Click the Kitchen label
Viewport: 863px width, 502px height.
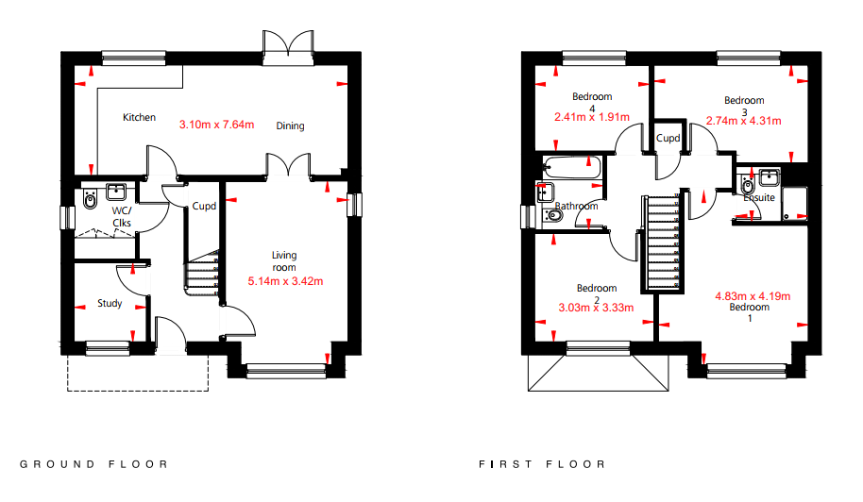point(139,117)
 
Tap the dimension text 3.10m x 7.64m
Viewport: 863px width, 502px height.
point(217,125)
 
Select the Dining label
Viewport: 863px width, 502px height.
point(290,125)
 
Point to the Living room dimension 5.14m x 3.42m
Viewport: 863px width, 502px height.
point(285,281)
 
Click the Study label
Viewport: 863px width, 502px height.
point(110,303)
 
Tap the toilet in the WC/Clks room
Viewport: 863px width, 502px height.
point(90,200)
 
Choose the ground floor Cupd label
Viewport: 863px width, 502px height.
point(204,207)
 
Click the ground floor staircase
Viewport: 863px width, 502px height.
point(202,274)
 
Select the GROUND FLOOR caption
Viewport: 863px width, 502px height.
point(93,464)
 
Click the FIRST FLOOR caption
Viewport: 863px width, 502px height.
point(542,464)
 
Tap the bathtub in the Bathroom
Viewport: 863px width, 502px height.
point(571,168)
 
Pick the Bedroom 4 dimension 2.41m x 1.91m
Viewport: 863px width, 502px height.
point(592,117)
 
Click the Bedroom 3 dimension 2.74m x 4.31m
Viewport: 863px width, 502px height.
point(744,121)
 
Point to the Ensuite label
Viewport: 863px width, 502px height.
point(759,197)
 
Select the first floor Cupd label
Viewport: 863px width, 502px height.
point(668,138)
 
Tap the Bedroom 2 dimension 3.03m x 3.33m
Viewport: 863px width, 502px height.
point(596,308)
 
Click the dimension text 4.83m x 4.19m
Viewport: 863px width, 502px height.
point(753,296)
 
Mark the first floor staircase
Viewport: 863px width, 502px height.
point(663,242)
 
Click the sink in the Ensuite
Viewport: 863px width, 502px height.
point(769,177)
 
